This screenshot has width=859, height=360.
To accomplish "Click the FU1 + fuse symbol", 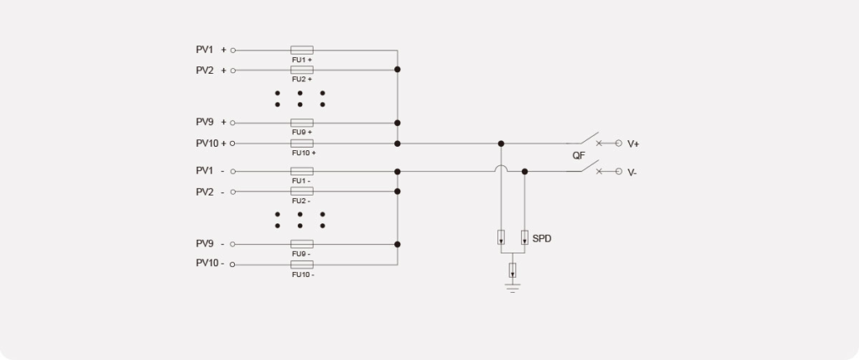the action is click(x=302, y=50).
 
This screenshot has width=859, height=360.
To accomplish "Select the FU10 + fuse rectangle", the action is click(x=302, y=143).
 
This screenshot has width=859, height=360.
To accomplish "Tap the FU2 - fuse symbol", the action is click(x=302, y=191).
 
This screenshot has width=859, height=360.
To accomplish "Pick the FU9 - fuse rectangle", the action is click(x=302, y=244).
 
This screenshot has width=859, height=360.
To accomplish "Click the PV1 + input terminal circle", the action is click(x=233, y=50).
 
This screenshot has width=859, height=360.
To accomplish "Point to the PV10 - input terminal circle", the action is click(x=232, y=264).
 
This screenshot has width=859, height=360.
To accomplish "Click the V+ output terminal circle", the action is click(x=618, y=143).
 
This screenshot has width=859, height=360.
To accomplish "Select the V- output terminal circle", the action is click(x=618, y=171).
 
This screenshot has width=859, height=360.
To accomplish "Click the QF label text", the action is click(x=579, y=155).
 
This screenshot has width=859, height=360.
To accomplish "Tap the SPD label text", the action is click(x=542, y=239).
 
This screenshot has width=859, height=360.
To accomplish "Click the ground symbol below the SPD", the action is click(x=513, y=288).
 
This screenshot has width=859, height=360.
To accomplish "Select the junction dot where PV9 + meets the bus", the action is click(x=397, y=123).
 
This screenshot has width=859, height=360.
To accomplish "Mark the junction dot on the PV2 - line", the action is click(x=397, y=191).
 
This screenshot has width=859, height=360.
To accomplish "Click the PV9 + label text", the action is click(x=211, y=123).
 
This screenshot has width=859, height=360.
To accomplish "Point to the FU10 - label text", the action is click(x=303, y=274).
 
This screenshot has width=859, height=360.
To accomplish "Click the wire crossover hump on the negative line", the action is click(x=501, y=168).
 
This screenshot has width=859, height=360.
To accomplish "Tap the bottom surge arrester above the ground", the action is click(x=513, y=270).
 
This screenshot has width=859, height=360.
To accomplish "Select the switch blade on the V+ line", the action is click(x=583, y=138).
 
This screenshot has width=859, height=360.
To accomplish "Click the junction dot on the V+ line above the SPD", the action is click(x=501, y=143).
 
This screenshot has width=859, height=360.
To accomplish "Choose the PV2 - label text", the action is click(x=210, y=192).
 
